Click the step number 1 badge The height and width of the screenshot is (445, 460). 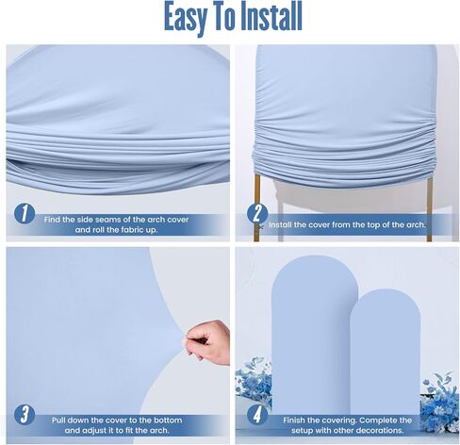click(x=25, y=214)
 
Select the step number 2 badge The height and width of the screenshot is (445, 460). click(x=257, y=214)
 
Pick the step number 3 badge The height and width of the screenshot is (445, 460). click(x=25, y=415)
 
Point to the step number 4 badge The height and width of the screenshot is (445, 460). click(x=257, y=415)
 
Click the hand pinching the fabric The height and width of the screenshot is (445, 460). click(x=209, y=342)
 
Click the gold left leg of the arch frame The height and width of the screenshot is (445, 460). click(x=257, y=207)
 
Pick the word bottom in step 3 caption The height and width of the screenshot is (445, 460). click(x=167, y=420)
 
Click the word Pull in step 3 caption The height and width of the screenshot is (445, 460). click(x=58, y=420)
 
